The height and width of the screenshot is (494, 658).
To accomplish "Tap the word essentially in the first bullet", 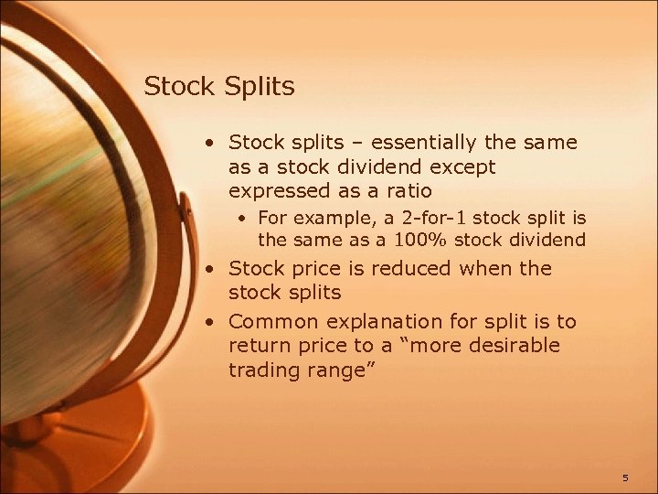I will tap(430, 143).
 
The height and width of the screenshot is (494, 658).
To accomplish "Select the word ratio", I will tap(408, 190).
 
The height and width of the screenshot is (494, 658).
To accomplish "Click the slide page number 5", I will tap(625, 478).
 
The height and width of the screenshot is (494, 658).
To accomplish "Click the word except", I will tap(465, 167).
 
